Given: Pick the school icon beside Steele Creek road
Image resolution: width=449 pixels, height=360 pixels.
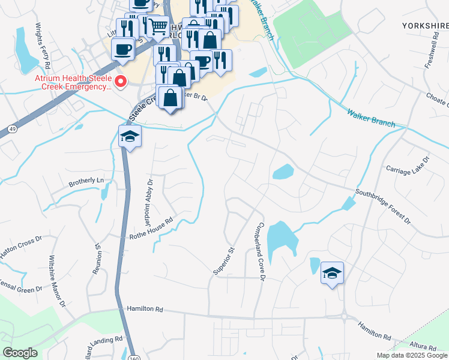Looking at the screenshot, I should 130,137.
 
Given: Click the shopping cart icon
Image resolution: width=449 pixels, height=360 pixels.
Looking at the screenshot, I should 158,26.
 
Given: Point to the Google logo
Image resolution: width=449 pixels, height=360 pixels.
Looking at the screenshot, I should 20,353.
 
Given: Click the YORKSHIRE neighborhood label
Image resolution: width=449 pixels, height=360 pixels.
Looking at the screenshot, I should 425,26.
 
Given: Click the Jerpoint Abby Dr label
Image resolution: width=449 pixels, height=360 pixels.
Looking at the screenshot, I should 148,192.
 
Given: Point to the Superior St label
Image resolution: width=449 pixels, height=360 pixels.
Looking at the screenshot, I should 222,261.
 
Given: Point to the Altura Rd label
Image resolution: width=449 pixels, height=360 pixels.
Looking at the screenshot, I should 424,347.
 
